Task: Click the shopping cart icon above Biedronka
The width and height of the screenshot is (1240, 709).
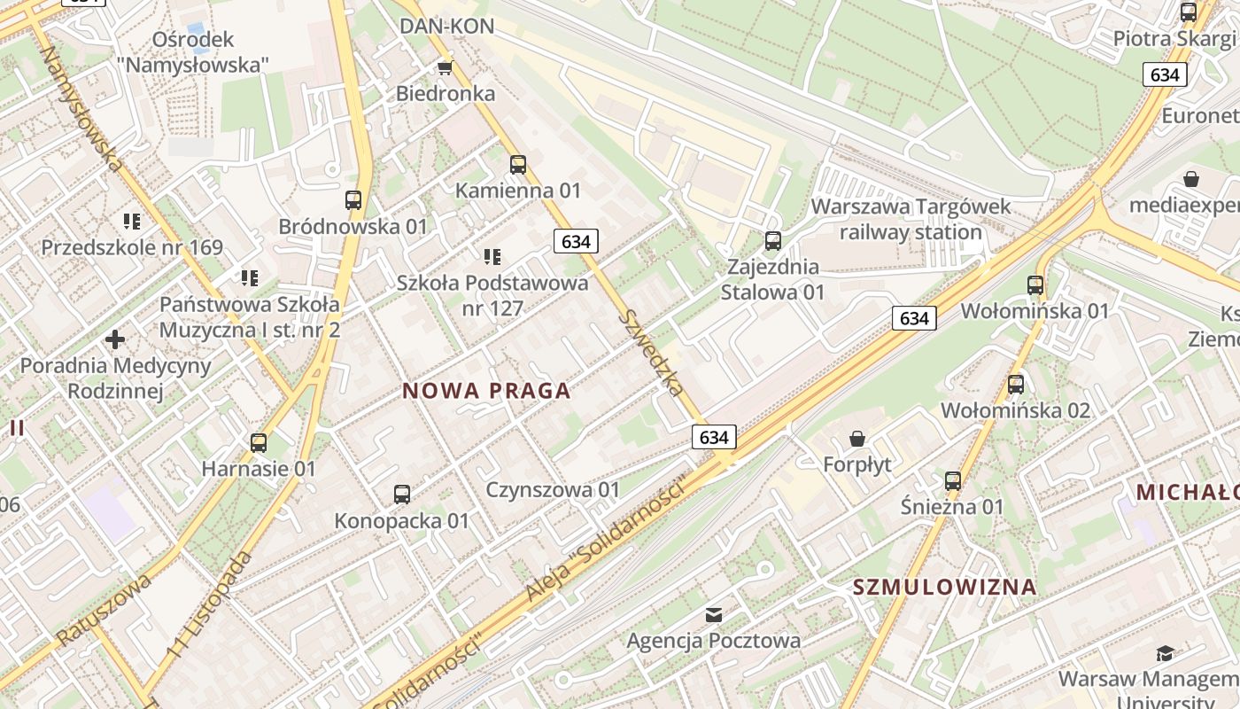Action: [x=445, y=67]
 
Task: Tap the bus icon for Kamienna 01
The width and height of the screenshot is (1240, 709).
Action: [x=518, y=165]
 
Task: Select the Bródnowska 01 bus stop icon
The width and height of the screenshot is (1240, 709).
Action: [x=353, y=200]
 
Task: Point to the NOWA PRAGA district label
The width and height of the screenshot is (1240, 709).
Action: [x=486, y=391]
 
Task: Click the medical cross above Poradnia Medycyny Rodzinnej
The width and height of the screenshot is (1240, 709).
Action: [x=115, y=339]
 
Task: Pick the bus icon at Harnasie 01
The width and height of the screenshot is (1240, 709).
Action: [x=259, y=442]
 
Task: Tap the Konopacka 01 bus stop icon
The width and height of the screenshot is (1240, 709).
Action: [x=402, y=495]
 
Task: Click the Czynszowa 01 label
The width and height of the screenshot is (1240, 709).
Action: [x=553, y=489]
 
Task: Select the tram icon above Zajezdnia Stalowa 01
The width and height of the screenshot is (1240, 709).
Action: [x=773, y=240]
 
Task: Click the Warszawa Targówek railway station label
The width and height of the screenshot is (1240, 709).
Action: [x=911, y=220]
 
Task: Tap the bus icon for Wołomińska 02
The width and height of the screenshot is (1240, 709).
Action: [x=1016, y=385]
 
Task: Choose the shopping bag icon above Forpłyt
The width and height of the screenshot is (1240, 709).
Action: [x=857, y=439]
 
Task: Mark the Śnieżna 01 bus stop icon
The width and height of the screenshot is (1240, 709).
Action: [x=953, y=481]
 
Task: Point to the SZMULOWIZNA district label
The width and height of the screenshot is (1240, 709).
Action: [x=944, y=587]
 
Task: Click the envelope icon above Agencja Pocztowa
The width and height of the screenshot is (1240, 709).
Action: [x=714, y=614]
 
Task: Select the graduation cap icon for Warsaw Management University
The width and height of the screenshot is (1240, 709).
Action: [x=1166, y=654]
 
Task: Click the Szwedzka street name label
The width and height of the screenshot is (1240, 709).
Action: [x=652, y=353]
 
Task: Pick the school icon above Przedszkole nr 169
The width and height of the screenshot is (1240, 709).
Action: [x=132, y=221]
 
